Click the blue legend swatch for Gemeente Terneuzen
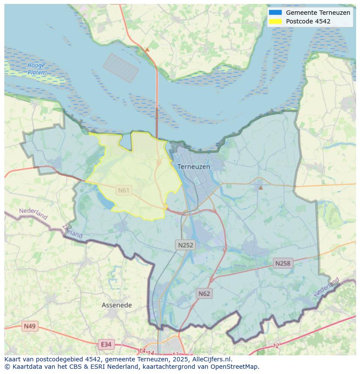coord(275,13)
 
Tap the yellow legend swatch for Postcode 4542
coord(275,21)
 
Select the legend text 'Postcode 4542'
coord(308,21)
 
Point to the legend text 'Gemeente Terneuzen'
coord(318,13)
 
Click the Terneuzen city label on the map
coord(193,167)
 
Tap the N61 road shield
coord(124,190)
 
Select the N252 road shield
coord(186,245)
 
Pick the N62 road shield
coord(204,294)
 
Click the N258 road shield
coord(283,263)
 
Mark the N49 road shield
coord(30,326)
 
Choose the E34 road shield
coord(106,344)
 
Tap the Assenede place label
coord(117,305)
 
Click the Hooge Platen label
coord(36,69)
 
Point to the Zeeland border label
coord(72,231)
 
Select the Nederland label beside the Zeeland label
coord(33,214)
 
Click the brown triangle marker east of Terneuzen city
coord(260,188)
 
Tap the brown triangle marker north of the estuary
coord(147,50)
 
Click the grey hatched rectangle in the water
coord(121,68)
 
